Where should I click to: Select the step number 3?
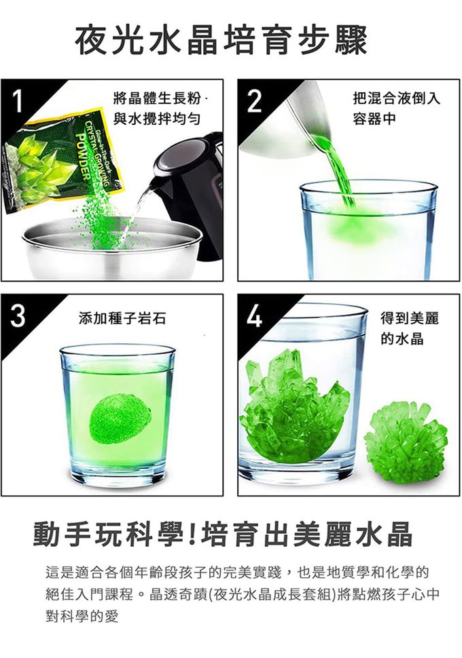tap(17, 316)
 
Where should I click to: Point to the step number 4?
tap(254, 316)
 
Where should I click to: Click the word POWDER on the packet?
tap(84, 156)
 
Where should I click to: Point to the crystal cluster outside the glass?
tap(406, 436)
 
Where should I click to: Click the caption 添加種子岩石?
tap(122, 319)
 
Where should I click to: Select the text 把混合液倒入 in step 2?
tap(396, 98)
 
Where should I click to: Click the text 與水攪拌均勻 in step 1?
tap(157, 119)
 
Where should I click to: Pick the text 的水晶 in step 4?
tap(402, 338)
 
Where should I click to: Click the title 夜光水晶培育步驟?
tap(221, 41)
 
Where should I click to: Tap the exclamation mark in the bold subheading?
tap(193, 534)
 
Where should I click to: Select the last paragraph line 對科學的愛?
tap(82, 616)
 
